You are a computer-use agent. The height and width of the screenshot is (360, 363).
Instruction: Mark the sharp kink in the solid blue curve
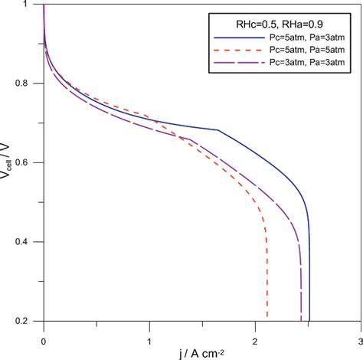219,130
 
